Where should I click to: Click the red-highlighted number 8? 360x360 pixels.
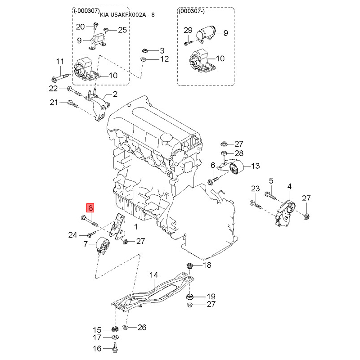(x=90, y=208)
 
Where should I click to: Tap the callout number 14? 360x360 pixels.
(x=154, y=274)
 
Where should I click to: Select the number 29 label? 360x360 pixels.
(x=188, y=31)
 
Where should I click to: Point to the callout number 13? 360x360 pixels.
(x=255, y=166)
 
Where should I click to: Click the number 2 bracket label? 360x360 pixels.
(x=115, y=94)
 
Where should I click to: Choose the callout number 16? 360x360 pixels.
(x=97, y=348)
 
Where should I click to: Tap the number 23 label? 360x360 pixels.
(x=255, y=188)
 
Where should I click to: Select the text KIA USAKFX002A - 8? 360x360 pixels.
(x=127, y=15)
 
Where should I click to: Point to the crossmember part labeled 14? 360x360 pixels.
(x=153, y=295)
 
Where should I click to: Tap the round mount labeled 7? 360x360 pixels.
(x=103, y=246)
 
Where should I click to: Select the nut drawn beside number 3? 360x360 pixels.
(x=145, y=50)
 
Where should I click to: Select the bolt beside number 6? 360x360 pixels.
(x=213, y=180)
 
